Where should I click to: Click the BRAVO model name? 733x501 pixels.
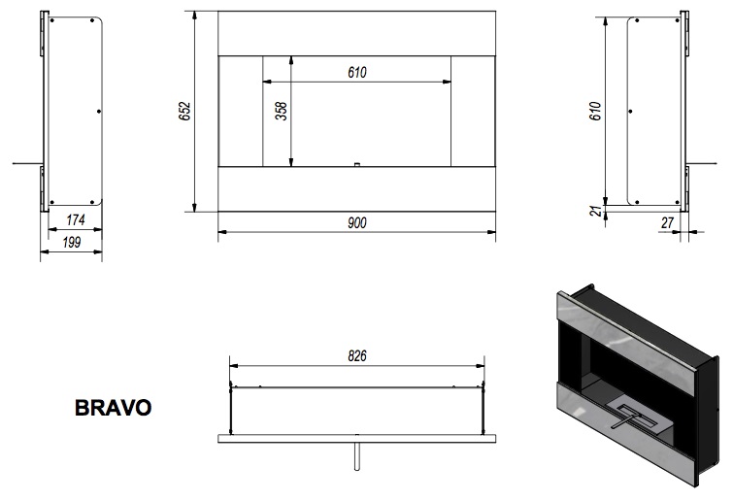click(114, 408)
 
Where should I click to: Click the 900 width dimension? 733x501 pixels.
click(357, 223)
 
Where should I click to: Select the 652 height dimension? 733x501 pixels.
click(185, 112)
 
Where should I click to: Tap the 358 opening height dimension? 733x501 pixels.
click(282, 112)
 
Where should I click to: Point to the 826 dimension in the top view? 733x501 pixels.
click(357, 356)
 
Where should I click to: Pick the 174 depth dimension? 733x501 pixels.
click(76, 219)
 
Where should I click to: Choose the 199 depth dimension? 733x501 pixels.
click(72, 242)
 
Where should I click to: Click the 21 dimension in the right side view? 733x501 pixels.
click(596, 211)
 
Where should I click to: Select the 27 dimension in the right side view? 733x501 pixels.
click(668, 223)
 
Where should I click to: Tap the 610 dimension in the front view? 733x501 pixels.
click(357, 73)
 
